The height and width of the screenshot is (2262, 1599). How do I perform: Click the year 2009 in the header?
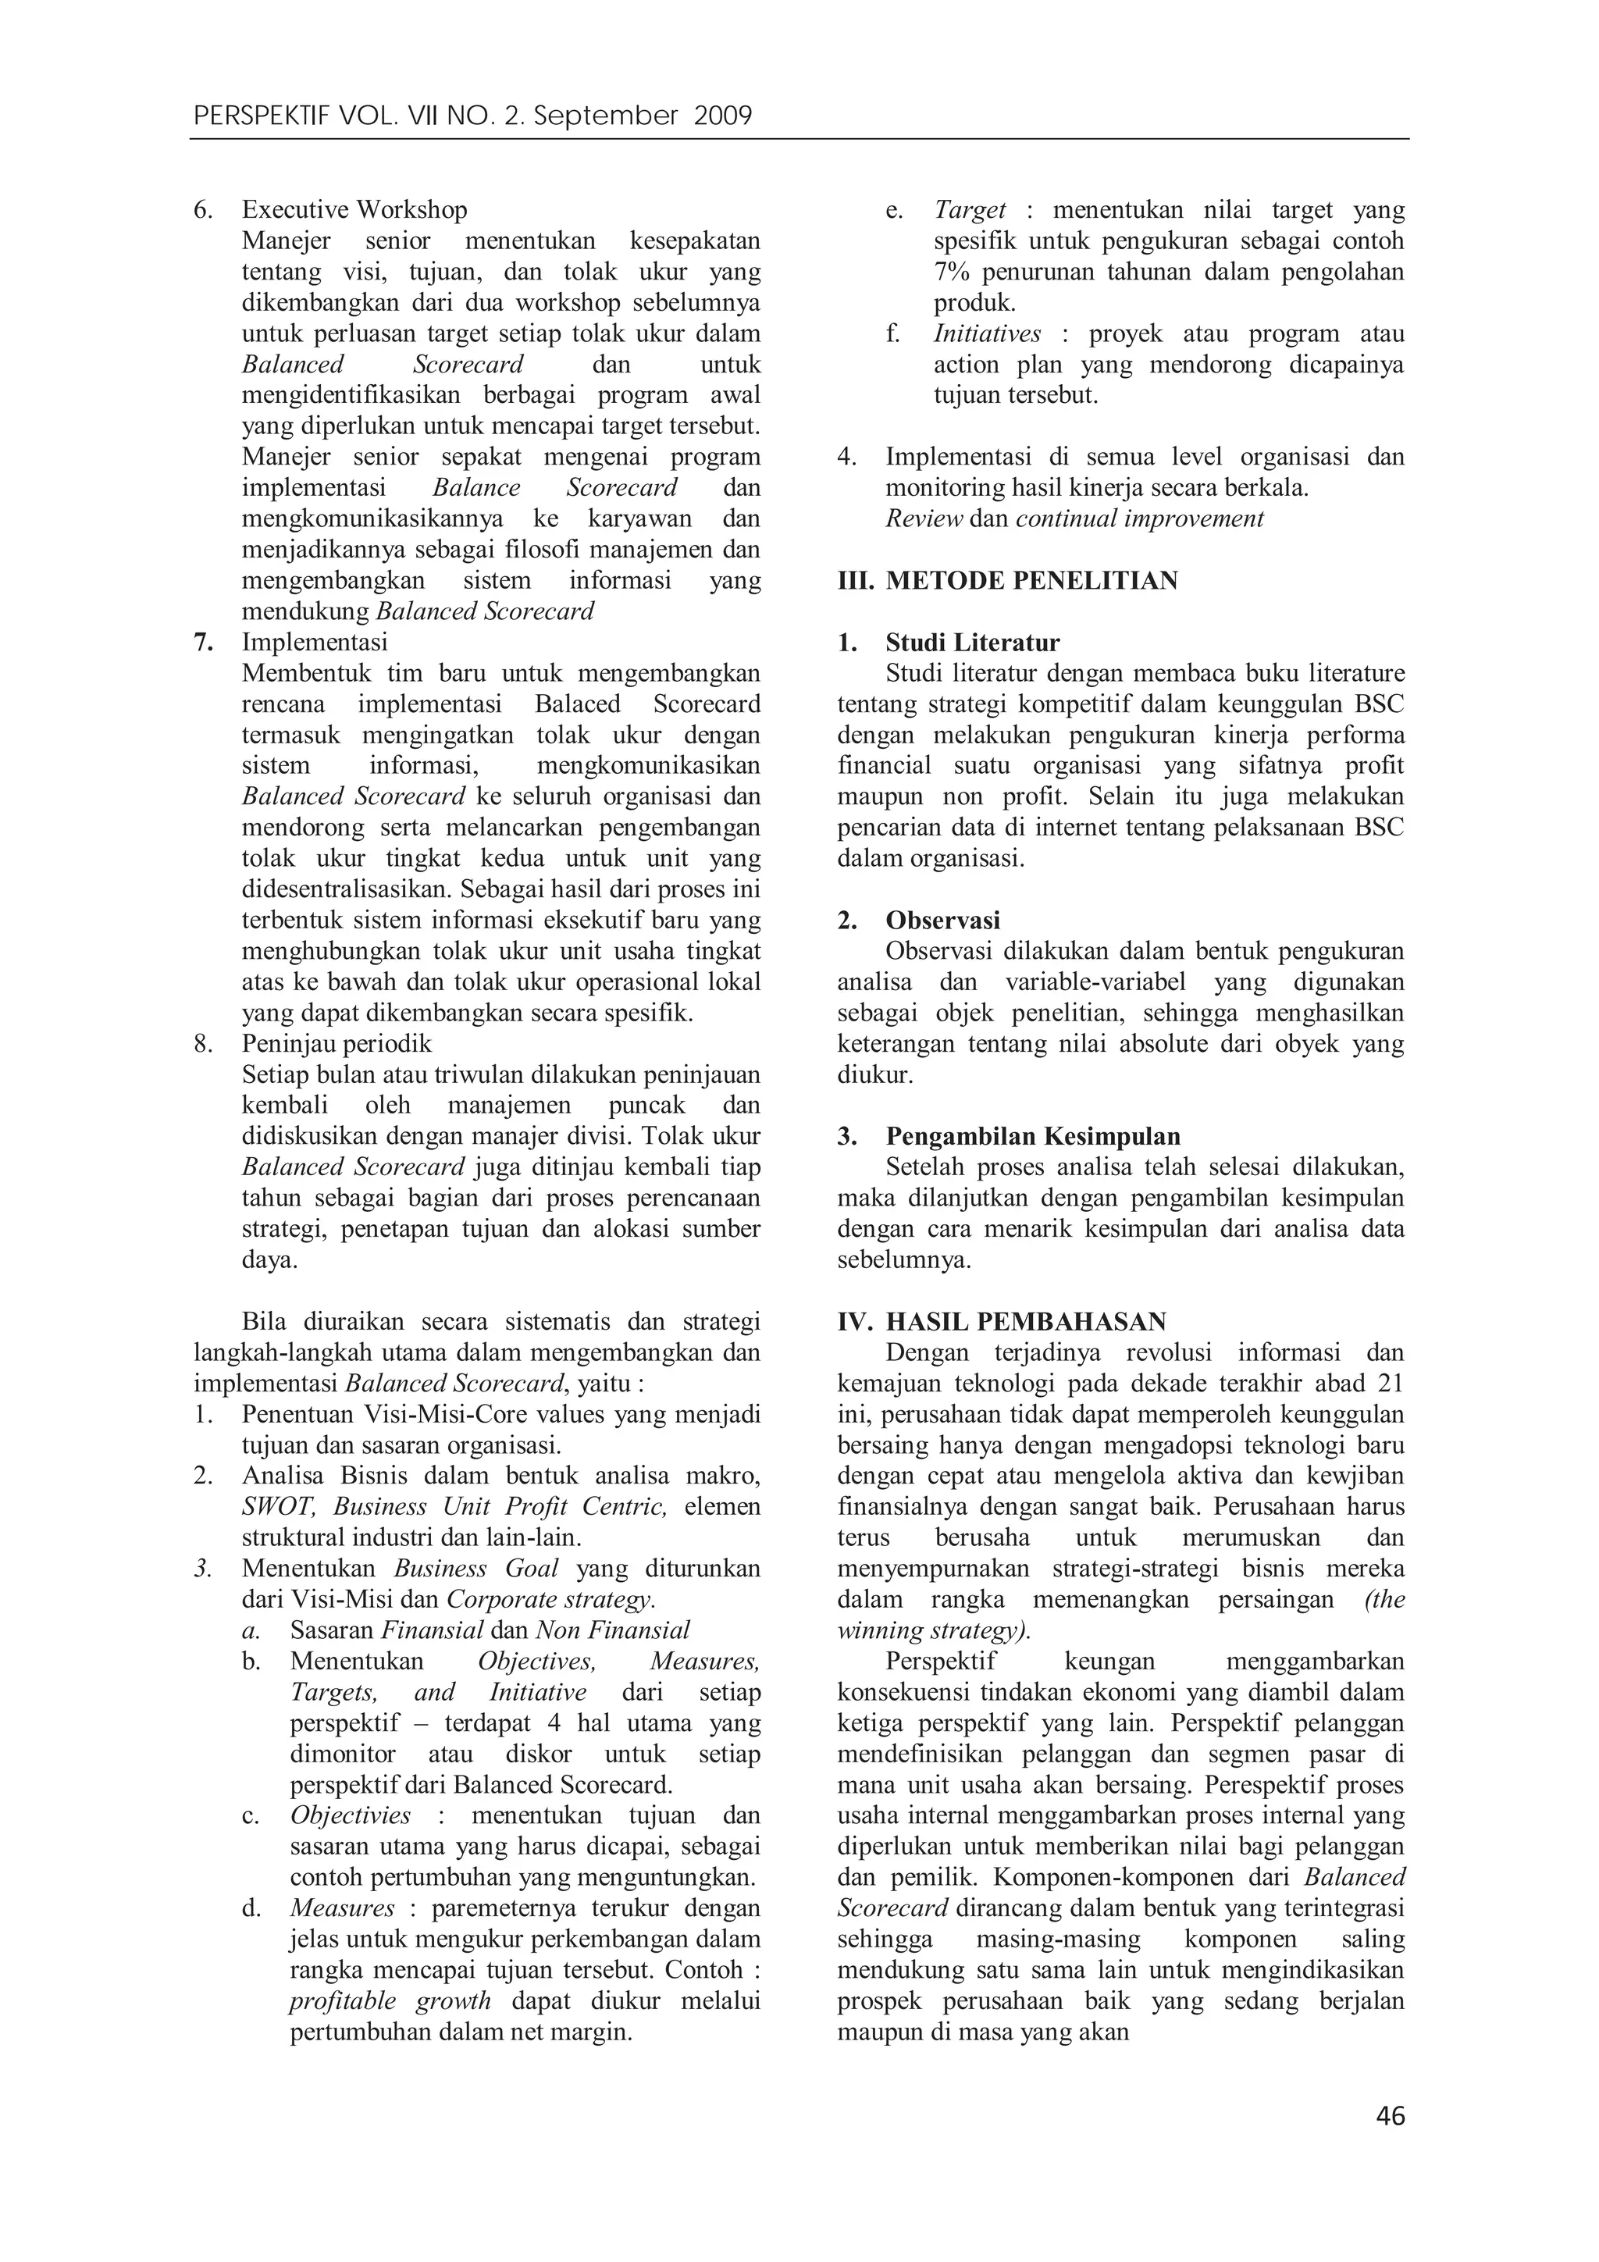pyautogui.click(x=723, y=117)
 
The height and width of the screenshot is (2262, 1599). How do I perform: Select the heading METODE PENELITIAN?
pyautogui.click(x=1031, y=580)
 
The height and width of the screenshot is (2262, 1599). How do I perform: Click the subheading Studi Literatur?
pyautogui.click(x=972, y=643)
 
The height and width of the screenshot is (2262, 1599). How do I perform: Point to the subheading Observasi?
pyautogui.click(x=943, y=920)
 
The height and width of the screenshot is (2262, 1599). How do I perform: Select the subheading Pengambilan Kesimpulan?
pyautogui.click(x=1032, y=1136)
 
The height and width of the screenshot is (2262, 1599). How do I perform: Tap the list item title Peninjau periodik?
pyautogui.click(x=337, y=1043)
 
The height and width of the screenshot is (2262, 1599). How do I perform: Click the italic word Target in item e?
pyautogui.click(x=970, y=210)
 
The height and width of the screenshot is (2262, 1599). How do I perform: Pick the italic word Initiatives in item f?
pyautogui.click(x=987, y=334)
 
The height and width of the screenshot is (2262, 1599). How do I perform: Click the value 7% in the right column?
pyautogui.click(x=953, y=272)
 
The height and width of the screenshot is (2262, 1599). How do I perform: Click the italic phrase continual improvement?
pyautogui.click(x=1139, y=518)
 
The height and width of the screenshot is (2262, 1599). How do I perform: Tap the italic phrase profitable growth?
pyautogui.click(x=390, y=2001)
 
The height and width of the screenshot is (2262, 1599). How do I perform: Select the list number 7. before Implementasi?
pyautogui.click(x=203, y=643)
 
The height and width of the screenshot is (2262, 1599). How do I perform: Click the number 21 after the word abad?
pyautogui.click(x=1389, y=1384)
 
